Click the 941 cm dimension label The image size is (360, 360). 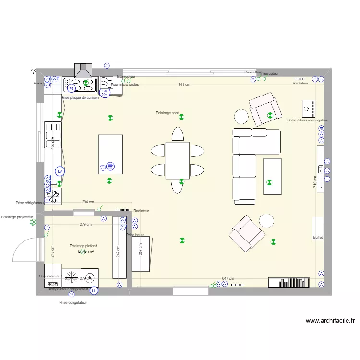(184, 85)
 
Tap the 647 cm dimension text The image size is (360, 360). (228, 278)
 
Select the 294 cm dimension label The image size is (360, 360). (87, 202)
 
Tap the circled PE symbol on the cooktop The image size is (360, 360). (71, 88)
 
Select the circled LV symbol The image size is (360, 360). (60, 171)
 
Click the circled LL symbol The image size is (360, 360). (94, 290)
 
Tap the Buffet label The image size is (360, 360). (318, 237)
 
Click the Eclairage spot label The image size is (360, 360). (167, 113)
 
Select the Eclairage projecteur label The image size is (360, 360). (16, 217)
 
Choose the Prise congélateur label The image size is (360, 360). (73, 303)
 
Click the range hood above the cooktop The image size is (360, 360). (83, 71)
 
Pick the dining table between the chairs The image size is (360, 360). (178, 160)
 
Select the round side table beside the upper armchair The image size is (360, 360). (241, 117)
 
